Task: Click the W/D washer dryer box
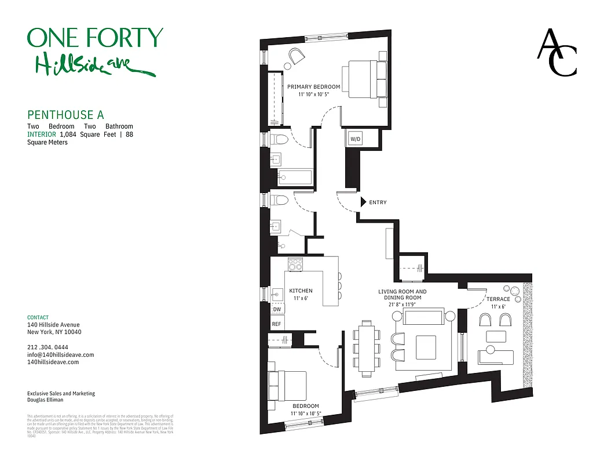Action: pyautogui.click(x=354, y=139)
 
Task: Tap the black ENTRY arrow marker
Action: pyautogui.click(x=363, y=202)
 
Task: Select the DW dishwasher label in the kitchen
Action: pyautogui.click(x=276, y=310)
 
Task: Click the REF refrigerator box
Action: pyautogui.click(x=276, y=324)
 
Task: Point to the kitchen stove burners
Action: pyautogui.click(x=297, y=264)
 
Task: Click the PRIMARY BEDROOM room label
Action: pyautogui.click(x=313, y=87)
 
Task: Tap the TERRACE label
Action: pyautogui.click(x=498, y=299)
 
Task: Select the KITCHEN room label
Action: pyautogui.click(x=301, y=291)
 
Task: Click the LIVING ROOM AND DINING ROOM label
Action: pyautogui.click(x=402, y=295)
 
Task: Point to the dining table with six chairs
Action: pyautogui.click(x=367, y=347)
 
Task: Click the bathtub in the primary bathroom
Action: pyautogui.click(x=295, y=177)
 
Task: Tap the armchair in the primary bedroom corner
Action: pyautogui.click(x=297, y=56)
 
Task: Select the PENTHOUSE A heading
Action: pyautogui.click(x=65, y=115)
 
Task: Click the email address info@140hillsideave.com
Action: pyautogui.click(x=60, y=354)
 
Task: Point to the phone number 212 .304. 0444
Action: pyautogui.click(x=51, y=347)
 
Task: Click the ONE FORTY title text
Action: pyautogui.click(x=95, y=38)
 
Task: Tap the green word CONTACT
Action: pyautogui.click(x=38, y=317)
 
